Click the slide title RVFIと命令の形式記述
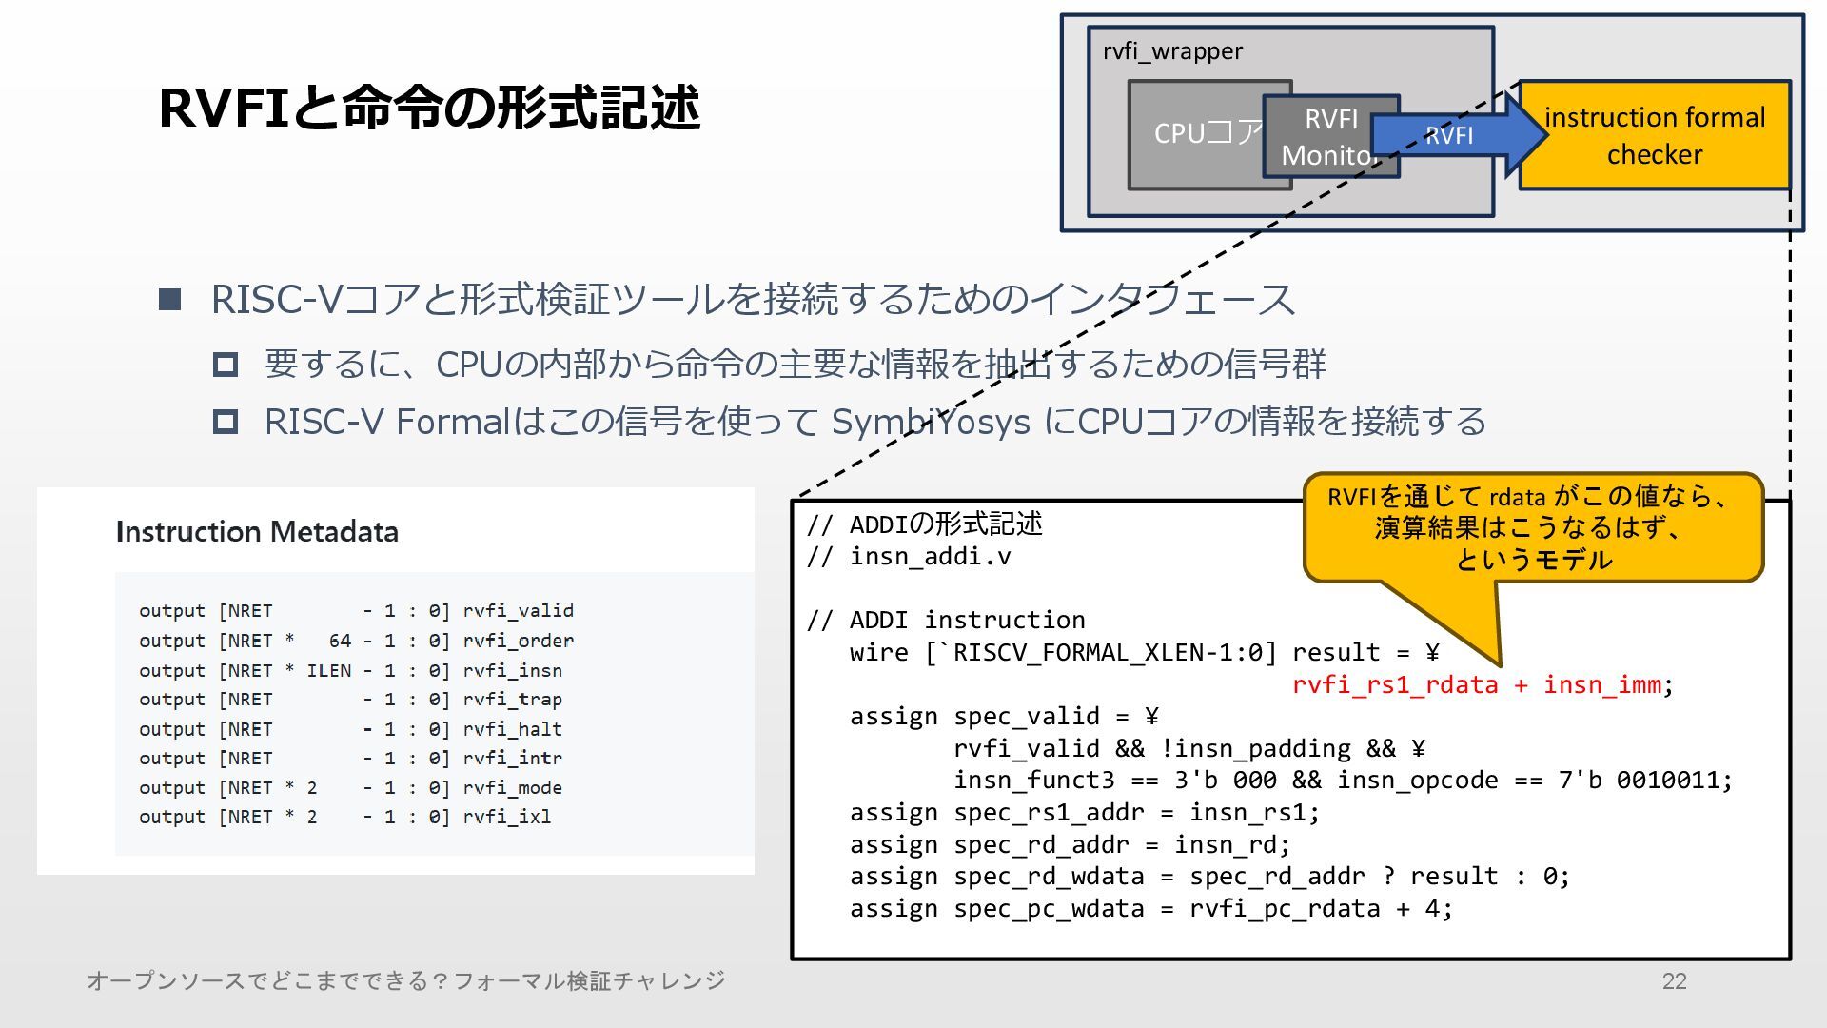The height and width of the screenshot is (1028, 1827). (x=429, y=107)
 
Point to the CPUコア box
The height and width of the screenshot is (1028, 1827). (x=1195, y=134)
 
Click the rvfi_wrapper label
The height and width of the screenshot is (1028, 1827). (x=1172, y=51)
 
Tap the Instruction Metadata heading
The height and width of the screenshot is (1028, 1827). (x=257, y=531)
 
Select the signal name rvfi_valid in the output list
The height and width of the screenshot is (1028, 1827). (x=519, y=611)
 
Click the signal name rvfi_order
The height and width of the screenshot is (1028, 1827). (x=519, y=641)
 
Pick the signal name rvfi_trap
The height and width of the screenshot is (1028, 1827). (x=513, y=700)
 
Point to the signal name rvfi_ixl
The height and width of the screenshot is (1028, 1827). (x=507, y=817)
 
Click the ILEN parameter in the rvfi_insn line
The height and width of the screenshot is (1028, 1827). (x=328, y=671)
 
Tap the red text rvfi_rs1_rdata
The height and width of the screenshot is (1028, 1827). (x=1395, y=684)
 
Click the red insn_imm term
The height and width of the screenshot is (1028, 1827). (x=1601, y=684)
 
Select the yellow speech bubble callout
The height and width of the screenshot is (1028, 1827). (x=1532, y=527)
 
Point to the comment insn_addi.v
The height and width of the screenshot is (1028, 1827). (x=930, y=556)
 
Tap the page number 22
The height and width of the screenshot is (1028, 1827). (x=1674, y=981)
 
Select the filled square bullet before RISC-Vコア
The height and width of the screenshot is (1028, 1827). (x=169, y=300)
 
